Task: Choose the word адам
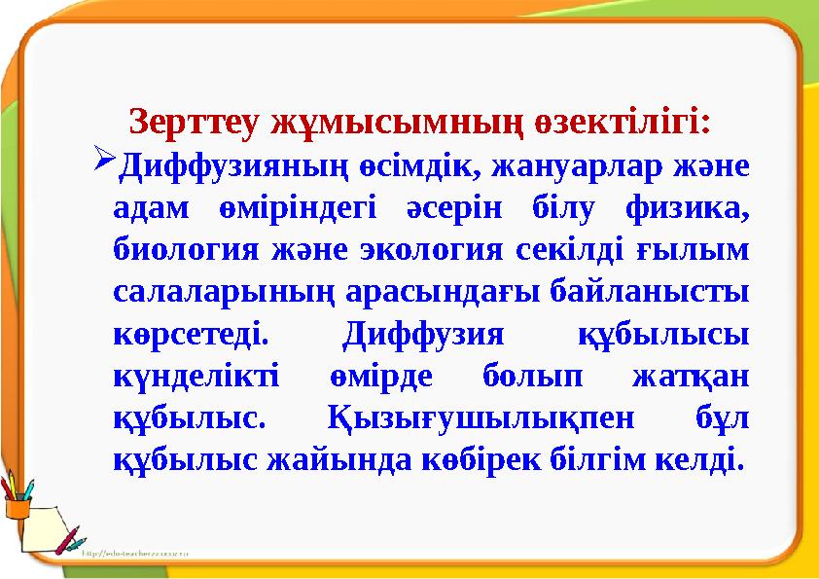[151, 208]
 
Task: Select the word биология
[186, 250]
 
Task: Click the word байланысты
[649, 292]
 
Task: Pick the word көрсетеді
[191, 335]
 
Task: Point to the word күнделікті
[196, 377]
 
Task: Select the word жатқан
[691, 377]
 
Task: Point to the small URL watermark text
[135, 554]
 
